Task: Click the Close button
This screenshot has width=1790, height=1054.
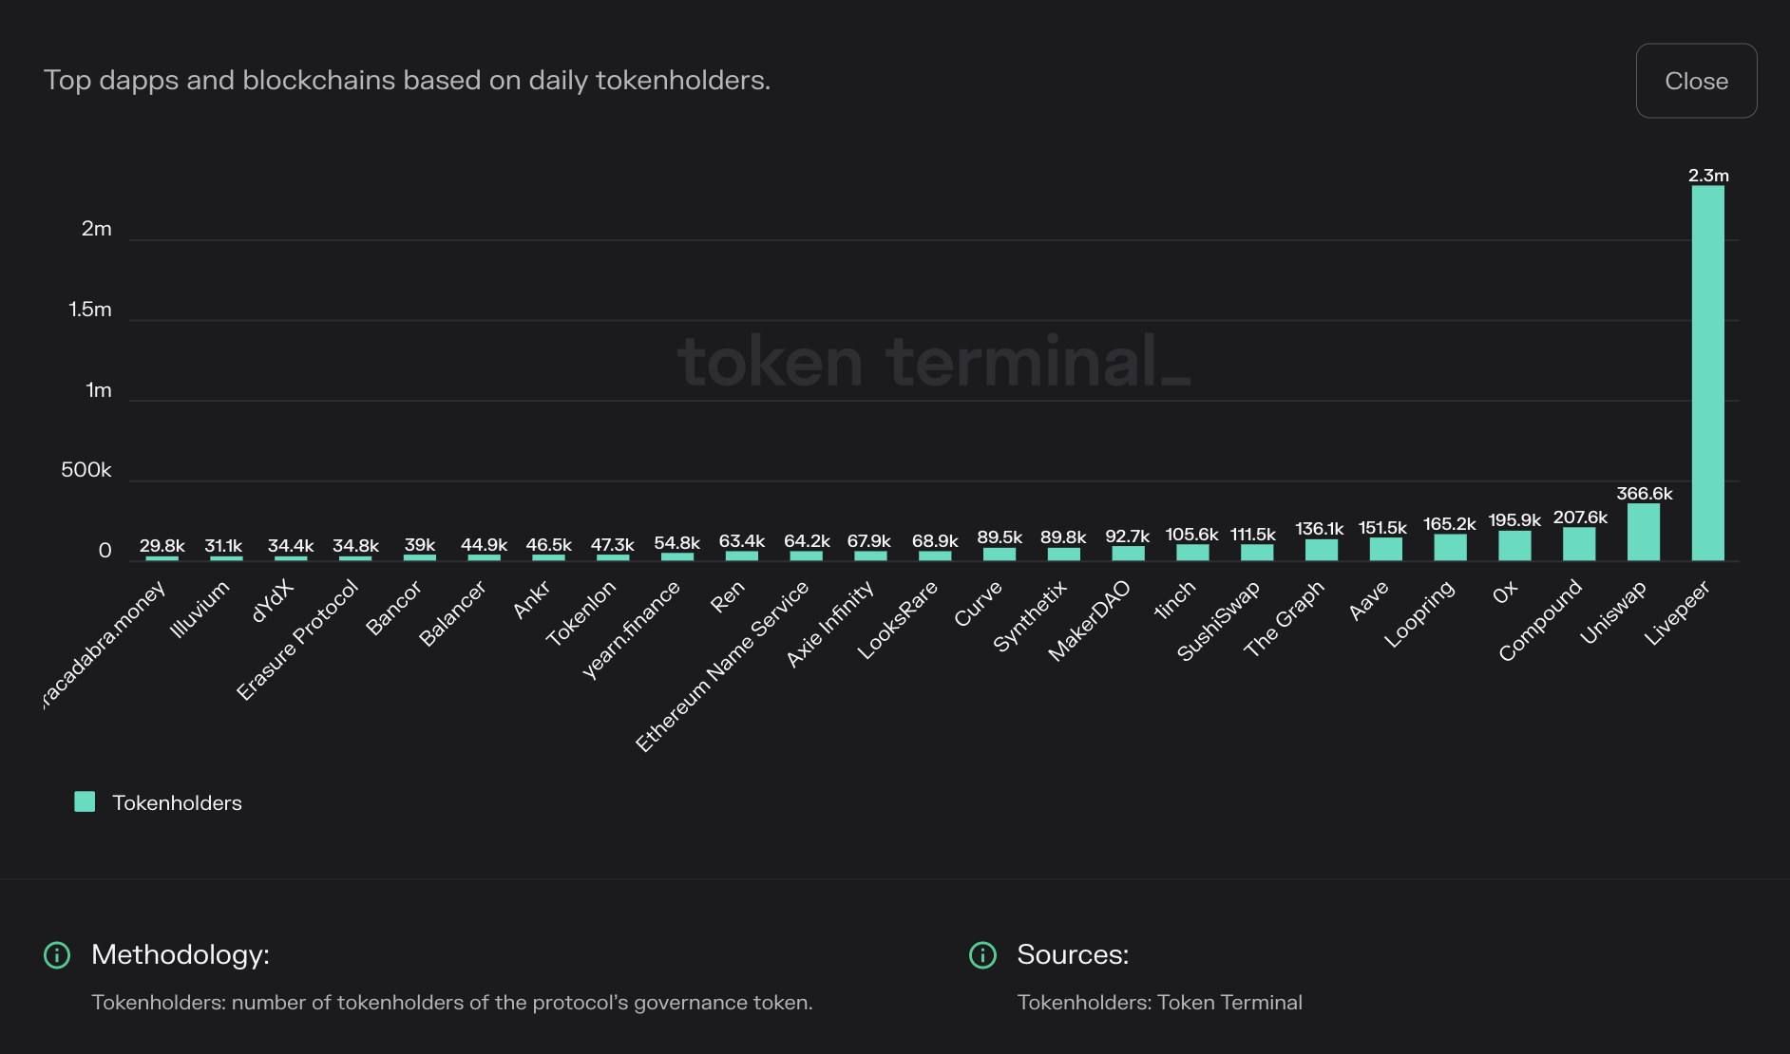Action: coord(1696,81)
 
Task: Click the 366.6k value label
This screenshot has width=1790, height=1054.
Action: coord(1644,494)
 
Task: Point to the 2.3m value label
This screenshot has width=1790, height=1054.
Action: coord(1707,176)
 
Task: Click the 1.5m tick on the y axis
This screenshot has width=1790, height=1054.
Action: coord(90,310)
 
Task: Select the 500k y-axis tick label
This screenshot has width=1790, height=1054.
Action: coord(86,470)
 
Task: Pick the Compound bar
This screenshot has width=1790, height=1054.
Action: coord(1578,544)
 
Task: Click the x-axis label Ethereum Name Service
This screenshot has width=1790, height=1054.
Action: coord(722,666)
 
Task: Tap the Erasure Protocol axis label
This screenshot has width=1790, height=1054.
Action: coord(297,639)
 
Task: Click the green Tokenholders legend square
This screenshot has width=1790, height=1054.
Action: coord(85,801)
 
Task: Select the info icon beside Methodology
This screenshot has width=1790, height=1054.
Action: coord(57,954)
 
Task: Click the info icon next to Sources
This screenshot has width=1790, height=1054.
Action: coord(982,954)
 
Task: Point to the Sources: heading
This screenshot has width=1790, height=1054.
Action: coord(1073,954)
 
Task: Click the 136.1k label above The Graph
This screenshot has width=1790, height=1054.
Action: coord(1319,529)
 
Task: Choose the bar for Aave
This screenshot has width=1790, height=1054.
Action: coord(1385,549)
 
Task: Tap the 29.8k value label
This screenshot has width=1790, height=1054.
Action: coord(162,546)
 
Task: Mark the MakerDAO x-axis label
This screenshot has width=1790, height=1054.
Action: coord(1089,620)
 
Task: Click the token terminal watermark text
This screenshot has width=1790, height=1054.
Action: coord(933,362)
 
